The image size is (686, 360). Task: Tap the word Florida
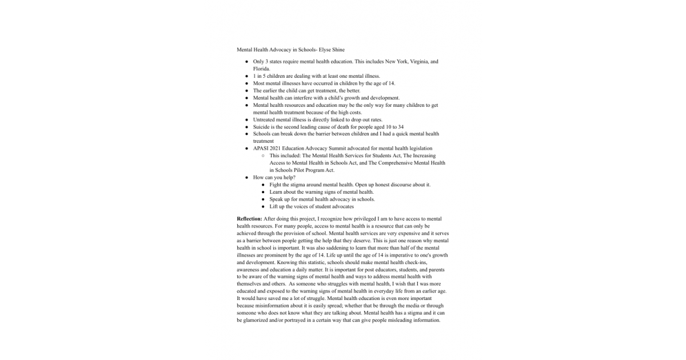(261, 69)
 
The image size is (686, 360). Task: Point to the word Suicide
(261, 127)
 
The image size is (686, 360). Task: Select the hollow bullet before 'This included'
(262, 156)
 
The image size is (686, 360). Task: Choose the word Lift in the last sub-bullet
(274, 207)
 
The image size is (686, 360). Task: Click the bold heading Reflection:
(250, 219)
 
